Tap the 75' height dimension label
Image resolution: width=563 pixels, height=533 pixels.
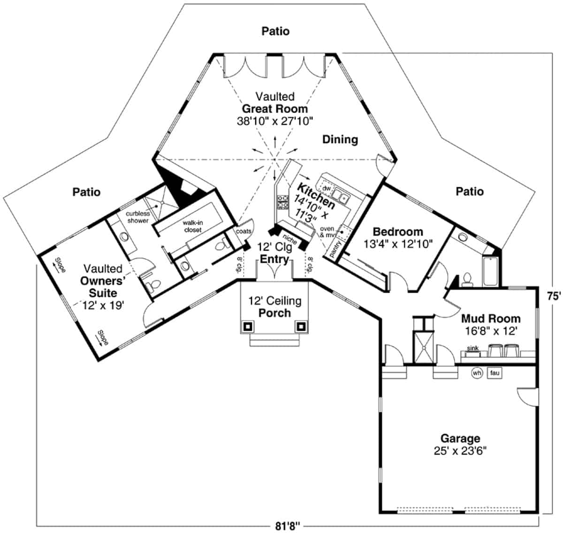(554, 296)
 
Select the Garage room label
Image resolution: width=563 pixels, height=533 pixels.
(460, 439)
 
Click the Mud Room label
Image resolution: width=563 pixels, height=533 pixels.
(490, 319)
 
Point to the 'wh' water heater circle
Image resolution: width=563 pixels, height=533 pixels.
(477, 373)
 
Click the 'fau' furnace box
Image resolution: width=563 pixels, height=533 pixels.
(495, 373)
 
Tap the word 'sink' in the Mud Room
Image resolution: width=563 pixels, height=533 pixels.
(472, 348)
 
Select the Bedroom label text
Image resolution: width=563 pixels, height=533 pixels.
(397, 232)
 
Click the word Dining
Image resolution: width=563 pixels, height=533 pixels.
(340, 139)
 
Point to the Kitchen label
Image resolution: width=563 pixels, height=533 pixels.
(316, 197)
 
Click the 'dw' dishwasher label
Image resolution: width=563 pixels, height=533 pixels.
(327, 188)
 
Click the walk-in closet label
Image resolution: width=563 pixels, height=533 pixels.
(192, 227)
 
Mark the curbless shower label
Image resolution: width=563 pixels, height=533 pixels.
(137, 217)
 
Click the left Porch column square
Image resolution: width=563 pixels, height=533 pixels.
(248, 326)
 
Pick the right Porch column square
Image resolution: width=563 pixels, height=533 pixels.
(301, 326)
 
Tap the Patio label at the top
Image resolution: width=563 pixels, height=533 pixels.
(275, 31)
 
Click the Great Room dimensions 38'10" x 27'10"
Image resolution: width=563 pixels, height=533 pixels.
(275, 121)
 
